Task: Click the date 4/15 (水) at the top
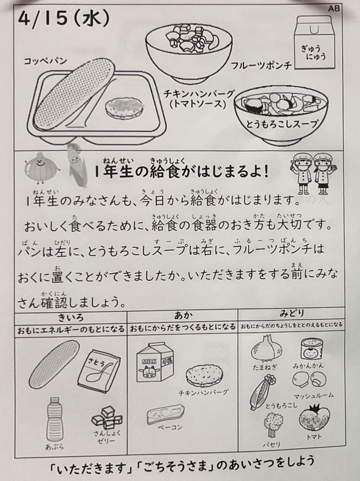pos(64,19)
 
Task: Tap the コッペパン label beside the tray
pos(46,61)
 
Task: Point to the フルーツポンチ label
pos(261,65)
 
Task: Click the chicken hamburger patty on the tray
pos(124,107)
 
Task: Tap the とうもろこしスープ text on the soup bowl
pos(281,124)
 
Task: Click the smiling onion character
pos(41,168)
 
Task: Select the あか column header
pos(183,316)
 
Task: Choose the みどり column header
pos(291,313)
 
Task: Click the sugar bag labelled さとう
pos(99,371)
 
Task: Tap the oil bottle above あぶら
pos(55,419)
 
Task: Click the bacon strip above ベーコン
pos(165,413)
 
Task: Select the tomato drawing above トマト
pos(314,418)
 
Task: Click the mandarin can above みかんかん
pos(311,349)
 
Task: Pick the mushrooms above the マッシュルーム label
pos(309,380)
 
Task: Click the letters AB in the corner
pos(334,8)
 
